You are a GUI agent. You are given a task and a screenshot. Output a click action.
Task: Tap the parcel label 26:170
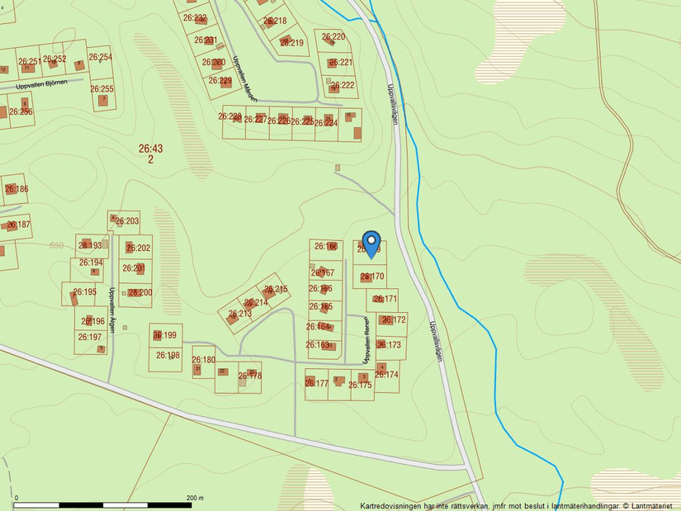[x=372, y=277]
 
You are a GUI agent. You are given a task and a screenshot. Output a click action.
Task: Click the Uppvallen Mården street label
[x=245, y=78]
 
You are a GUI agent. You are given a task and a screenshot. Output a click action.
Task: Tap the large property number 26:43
[x=151, y=149]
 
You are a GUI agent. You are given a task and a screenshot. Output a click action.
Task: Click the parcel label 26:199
[x=164, y=335]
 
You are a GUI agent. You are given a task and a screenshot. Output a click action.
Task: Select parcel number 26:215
[x=276, y=290]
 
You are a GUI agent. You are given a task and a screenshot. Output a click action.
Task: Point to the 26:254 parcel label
[x=100, y=58]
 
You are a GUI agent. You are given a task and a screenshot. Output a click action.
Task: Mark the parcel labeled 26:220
[x=333, y=37]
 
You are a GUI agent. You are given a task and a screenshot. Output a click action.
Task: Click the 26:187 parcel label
[x=17, y=225]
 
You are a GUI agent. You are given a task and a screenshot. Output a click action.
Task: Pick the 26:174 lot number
[x=386, y=375]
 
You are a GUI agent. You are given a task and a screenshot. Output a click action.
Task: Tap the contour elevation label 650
[x=56, y=245]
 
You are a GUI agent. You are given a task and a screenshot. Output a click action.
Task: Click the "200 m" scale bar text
[x=195, y=498]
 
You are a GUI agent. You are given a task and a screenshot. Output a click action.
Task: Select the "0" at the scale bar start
[x=17, y=498]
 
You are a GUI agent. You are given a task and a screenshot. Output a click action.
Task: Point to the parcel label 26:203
[x=127, y=221]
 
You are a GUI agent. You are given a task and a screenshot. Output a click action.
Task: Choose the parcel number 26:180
[x=203, y=360]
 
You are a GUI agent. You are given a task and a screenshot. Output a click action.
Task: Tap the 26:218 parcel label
[x=275, y=21]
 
